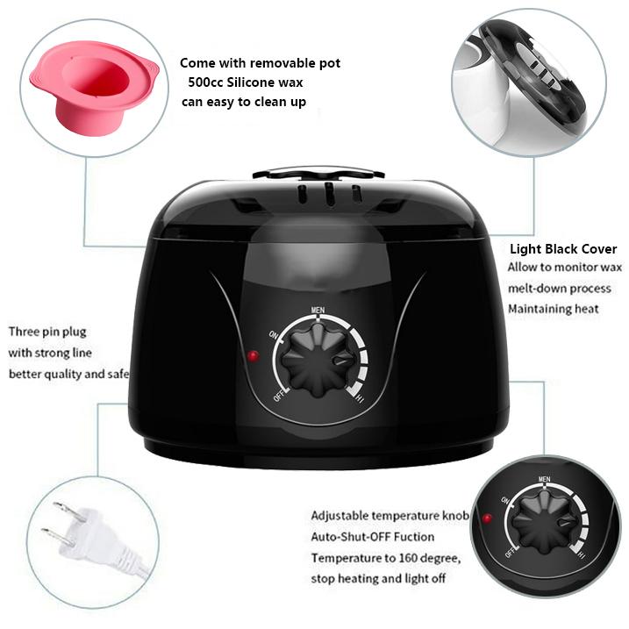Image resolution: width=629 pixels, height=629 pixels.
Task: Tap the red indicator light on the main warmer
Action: [253, 356]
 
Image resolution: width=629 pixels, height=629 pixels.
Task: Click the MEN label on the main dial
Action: [319, 311]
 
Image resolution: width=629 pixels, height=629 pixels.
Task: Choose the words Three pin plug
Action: [47, 332]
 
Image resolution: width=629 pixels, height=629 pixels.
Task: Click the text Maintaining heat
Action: [554, 309]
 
